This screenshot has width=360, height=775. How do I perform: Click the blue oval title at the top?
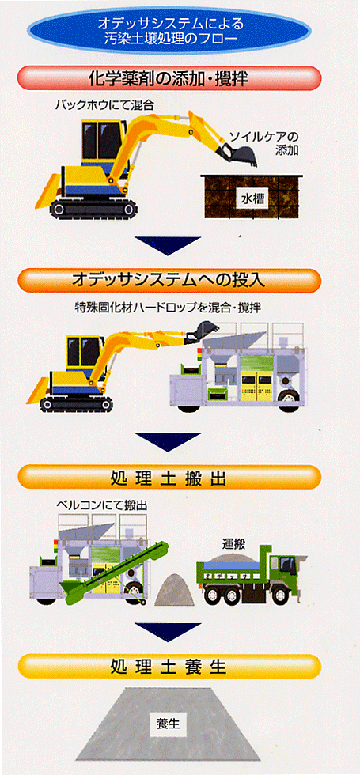[x=169, y=31]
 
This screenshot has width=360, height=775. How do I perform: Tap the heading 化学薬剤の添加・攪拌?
[x=169, y=78]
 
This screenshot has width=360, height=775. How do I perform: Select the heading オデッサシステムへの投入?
[x=169, y=281]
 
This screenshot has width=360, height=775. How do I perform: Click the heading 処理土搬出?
[x=169, y=478]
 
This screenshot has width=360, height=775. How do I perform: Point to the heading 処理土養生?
[x=169, y=667]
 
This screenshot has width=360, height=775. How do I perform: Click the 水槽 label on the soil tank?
[x=253, y=198]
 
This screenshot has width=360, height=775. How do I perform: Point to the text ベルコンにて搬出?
[x=102, y=505]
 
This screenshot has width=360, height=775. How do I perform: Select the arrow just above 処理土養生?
[x=168, y=632]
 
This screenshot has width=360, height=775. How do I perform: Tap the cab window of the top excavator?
[x=103, y=141]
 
